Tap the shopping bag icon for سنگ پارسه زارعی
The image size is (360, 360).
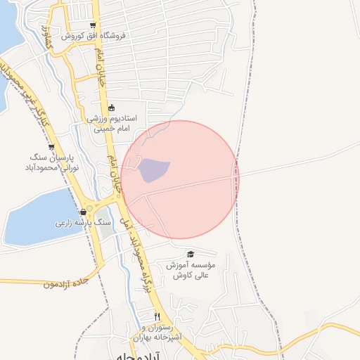[x=84, y=212]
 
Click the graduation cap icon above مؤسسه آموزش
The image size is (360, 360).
[x=191, y=255]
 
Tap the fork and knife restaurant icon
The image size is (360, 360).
[x=157, y=317]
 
